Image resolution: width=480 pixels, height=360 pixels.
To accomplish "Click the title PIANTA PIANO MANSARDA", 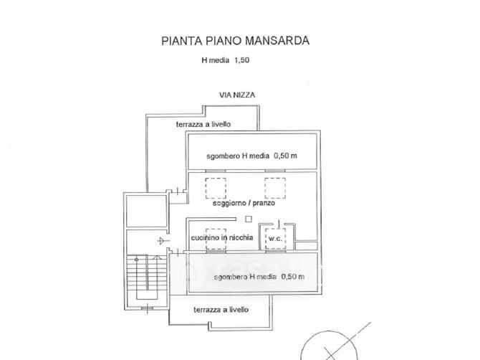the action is pos(235,41).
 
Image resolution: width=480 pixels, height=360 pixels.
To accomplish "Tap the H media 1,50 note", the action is pos(225,60).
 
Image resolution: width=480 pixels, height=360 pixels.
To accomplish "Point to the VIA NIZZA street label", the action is pos(237,95).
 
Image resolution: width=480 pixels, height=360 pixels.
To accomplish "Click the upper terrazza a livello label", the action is pos(203,124).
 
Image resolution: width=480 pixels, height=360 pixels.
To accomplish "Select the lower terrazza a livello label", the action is pos(221,310).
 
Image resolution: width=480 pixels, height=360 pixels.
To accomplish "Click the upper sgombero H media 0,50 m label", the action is pos(251,156).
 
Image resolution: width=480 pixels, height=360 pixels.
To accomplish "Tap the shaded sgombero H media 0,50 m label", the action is pos(259,277).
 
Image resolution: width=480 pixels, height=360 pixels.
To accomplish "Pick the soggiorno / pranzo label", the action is pos(244,203).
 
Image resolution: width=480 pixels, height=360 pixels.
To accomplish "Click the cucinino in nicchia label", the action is pos(222,237).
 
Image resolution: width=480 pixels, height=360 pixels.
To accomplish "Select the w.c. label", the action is pos(275,238).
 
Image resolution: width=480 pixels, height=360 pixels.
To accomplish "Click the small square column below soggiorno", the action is pos(249,219).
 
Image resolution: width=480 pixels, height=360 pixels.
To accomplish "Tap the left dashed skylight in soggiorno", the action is pos(216,188).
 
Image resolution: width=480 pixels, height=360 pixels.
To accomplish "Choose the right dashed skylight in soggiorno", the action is pos(275,188).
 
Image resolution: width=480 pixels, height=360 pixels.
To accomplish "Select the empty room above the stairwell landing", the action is pos(147,211).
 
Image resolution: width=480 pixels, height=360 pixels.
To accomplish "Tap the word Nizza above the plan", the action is pos(244,95).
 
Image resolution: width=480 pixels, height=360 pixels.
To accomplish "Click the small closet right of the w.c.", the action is pos(307,246).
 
